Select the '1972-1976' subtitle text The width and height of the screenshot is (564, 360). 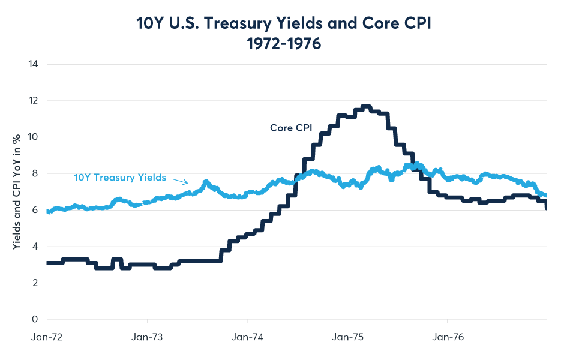[282, 45]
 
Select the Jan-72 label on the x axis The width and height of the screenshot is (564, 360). [47, 338]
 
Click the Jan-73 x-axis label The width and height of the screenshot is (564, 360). [147, 338]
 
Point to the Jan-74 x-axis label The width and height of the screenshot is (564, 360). [247, 338]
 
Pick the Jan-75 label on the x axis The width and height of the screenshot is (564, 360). [347, 338]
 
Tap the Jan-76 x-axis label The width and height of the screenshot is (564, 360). [448, 338]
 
